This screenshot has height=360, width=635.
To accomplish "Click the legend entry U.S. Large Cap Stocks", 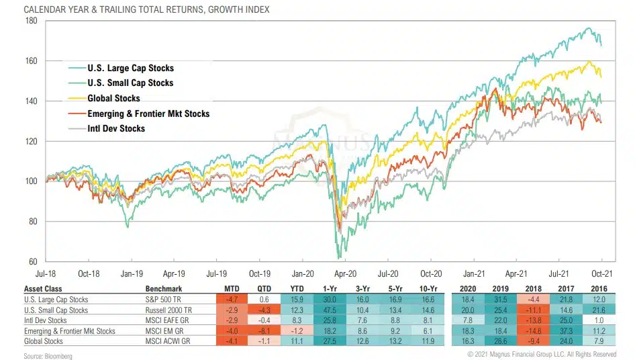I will tap(130, 69).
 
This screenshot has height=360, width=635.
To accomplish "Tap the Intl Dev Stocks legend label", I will tap(116, 128).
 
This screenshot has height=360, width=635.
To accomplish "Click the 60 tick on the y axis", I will tap(32, 261).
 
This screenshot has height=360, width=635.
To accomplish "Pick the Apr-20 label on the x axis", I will tap(344, 274).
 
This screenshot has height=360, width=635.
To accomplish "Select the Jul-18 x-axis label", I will tap(46, 274).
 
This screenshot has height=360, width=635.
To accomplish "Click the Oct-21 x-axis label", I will tap(601, 274).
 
